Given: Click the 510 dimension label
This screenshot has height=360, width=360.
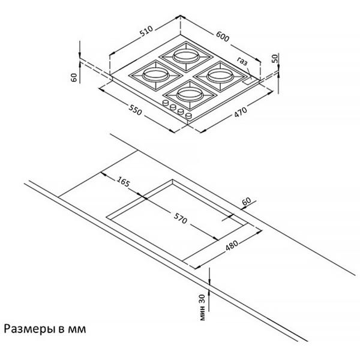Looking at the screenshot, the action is tap(146, 31).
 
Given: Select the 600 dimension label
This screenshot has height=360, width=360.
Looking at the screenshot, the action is tap(223, 36).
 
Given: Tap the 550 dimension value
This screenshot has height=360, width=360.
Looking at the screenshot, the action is tap(135, 110).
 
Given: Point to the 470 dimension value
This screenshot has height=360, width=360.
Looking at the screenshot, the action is tap(241, 112).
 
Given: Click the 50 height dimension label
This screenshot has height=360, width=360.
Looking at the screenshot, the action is tap(275, 58).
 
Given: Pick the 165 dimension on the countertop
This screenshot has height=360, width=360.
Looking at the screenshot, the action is tap(123, 181).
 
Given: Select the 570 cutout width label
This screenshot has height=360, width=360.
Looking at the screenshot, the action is tap(180, 218).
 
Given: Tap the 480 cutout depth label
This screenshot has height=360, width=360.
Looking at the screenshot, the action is tap(232, 245).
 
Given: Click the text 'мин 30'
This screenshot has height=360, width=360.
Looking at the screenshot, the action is tap(202, 307).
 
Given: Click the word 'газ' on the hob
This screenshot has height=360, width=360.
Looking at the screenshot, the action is tap(242, 61).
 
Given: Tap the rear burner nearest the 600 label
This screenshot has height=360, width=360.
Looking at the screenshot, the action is tap(186, 56).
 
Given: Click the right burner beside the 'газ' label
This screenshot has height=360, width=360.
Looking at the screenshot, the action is tap(220, 76).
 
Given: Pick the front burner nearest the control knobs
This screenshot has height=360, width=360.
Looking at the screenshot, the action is tap(190, 94).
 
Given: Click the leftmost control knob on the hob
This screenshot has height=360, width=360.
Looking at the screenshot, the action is tap(166, 103).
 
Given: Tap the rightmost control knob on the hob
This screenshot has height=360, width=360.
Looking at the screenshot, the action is tap(189, 116).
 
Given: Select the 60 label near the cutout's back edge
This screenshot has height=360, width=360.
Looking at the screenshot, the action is tap(247, 201).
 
